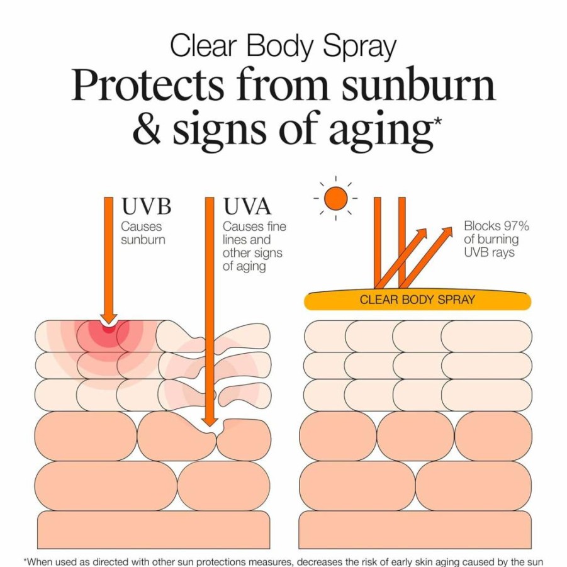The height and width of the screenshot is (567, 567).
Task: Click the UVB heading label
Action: (146, 206)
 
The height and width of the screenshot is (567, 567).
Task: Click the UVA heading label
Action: (247, 206)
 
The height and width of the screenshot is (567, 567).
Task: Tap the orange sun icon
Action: (335, 198)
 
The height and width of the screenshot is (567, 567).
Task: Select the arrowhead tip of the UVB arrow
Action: (108, 324)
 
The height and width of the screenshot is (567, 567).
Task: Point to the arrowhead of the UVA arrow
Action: (210, 422)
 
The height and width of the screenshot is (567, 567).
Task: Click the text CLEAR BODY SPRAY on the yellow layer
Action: (417, 300)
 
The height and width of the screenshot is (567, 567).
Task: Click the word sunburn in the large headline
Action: (418, 84)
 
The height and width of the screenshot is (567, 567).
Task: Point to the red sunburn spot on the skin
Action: (108, 329)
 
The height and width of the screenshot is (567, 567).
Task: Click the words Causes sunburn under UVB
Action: (143, 233)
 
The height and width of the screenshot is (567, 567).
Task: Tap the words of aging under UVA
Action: (244, 266)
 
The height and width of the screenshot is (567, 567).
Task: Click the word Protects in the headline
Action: (147, 84)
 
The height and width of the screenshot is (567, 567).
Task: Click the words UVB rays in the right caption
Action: (489, 252)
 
